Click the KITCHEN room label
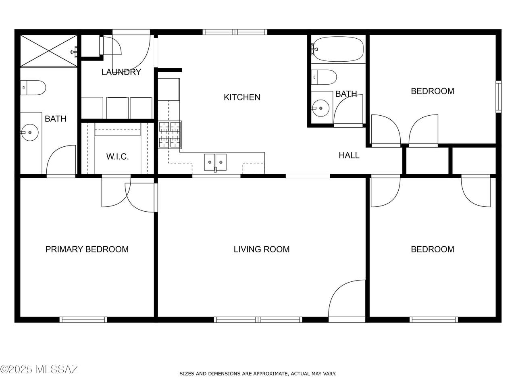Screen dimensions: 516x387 (x=242, y=97)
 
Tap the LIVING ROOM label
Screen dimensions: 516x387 (x=261, y=249)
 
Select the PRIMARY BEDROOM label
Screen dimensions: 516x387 (x=87, y=249)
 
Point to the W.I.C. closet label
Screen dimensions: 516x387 (x=117, y=156)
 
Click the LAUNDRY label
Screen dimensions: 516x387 (x=121, y=72)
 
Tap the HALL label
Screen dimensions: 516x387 (x=349, y=155)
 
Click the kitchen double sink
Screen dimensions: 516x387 (x=215, y=162)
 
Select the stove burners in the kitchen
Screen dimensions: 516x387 (x=169, y=135)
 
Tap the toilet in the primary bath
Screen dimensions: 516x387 (x=33, y=87)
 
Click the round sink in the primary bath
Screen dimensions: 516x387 (x=30, y=133)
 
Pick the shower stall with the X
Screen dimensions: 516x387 (x=49, y=51)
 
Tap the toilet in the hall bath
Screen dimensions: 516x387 (x=324, y=77)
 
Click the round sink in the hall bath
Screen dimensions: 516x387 (x=320, y=108)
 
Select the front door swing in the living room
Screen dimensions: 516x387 (x=347, y=299)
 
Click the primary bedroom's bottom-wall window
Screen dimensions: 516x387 (x=83, y=320)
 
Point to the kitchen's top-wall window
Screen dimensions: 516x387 (x=235, y=32)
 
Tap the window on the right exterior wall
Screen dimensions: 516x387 (x=499, y=97)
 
